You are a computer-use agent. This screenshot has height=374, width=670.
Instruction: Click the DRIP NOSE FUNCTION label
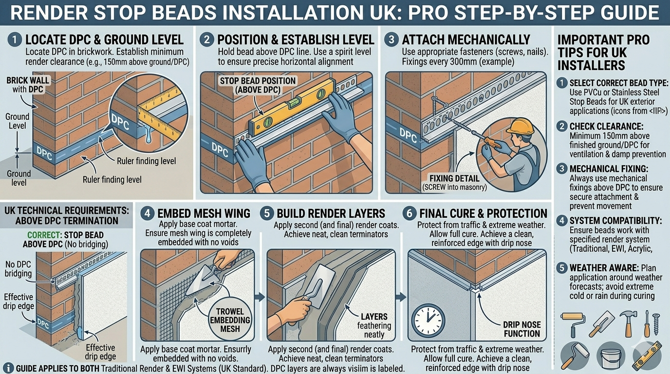(x=521, y=329)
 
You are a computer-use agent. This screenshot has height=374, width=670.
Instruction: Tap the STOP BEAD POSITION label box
(x=258, y=85)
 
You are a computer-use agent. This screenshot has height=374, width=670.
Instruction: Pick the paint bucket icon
(x=610, y=356)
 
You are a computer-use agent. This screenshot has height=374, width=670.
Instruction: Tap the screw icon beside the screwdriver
(x=655, y=324)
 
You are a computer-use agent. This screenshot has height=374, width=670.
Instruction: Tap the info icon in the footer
(x=8, y=368)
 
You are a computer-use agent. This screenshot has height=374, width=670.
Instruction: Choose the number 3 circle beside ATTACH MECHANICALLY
(x=391, y=40)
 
